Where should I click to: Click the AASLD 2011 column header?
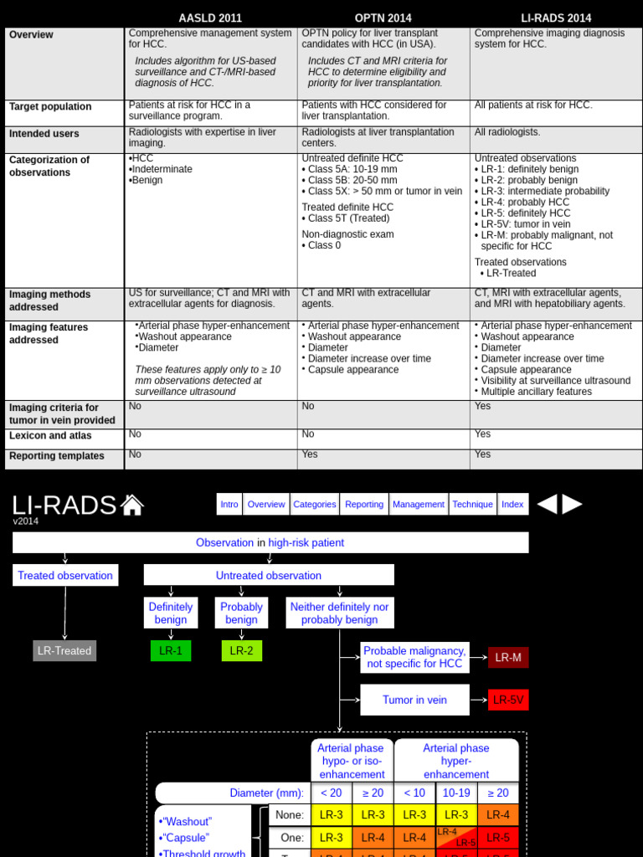click(210, 18)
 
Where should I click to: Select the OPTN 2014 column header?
click(383, 18)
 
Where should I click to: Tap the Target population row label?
click(50, 107)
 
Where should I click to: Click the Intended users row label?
click(44, 134)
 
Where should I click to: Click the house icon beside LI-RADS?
click(132, 505)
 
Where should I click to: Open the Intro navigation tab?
click(229, 505)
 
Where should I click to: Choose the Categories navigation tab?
click(315, 505)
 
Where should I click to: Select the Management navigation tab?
click(419, 505)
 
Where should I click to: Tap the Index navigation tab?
click(512, 505)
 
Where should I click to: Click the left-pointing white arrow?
click(546, 504)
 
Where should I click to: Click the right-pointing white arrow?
click(572, 504)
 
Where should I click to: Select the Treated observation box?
click(65, 576)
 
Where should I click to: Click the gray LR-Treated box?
click(64, 651)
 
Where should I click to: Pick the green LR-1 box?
click(171, 651)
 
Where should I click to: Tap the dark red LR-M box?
click(508, 658)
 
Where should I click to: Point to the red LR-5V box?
click(508, 700)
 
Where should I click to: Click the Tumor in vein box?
click(414, 700)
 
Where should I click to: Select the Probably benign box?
click(241, 613)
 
